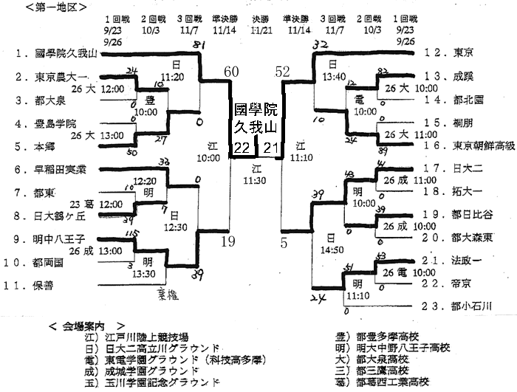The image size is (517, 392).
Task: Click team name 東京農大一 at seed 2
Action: coord(63,77)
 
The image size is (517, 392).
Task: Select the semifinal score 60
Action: coord(231,72)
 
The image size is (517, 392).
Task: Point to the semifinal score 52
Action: coord(283,72)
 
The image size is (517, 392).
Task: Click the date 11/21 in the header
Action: coord(259,30)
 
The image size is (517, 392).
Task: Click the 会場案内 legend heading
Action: coord(86,325)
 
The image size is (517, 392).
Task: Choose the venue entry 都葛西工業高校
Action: coord(392,382)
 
